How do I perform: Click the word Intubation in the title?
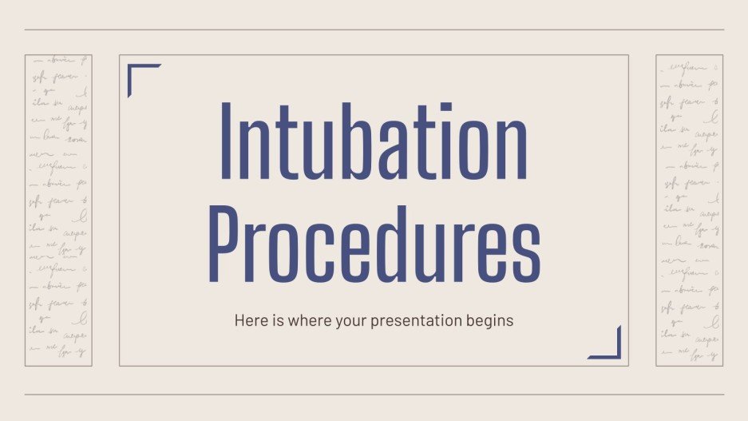pyautogui.click(x=373, y=141)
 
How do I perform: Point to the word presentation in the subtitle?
pyautogui.click(x=421, y=321)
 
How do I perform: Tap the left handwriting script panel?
pyautogui.click(x=58, y=210)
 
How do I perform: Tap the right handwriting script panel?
pyautogui.click(x=689, y=210)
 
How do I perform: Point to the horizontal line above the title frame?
pyautogui.click(x=374, y=30)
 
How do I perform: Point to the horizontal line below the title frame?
pyautogui.click(x=374, y=394)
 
